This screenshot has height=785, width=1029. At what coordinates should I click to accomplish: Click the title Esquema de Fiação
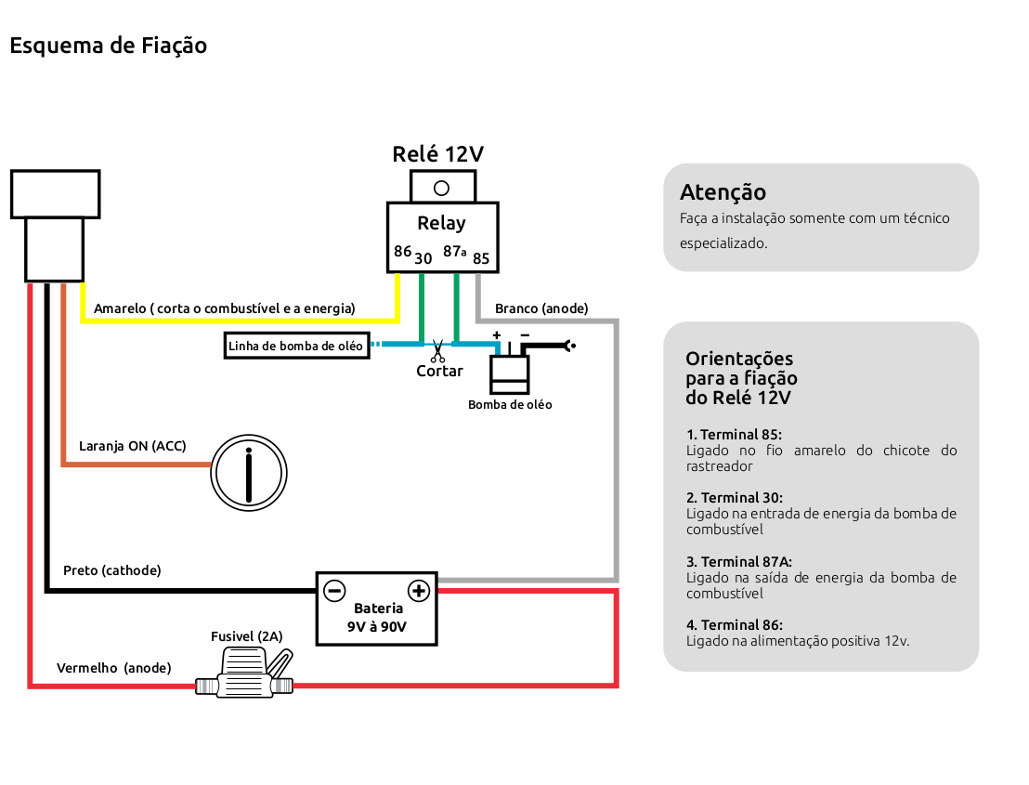[x=108, y=46]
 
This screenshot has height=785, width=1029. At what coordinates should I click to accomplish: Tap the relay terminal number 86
[x=402, y=251]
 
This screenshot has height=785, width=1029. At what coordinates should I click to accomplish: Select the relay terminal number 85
[x=481, y=258]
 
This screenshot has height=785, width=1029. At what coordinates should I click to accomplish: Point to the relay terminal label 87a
[x=454, y=251]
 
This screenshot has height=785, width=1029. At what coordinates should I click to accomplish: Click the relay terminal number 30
[x=423, y=258]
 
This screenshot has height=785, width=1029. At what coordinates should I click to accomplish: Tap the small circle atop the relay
[x=442, y=188]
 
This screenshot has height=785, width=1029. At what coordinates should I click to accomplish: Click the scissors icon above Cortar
[x=436, y=352]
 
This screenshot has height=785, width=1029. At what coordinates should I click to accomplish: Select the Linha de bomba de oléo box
[x=296, y=346]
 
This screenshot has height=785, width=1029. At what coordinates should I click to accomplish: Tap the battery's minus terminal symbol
[x=334, y=590]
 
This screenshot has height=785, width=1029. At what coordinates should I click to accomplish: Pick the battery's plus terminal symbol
[x=419, y=590]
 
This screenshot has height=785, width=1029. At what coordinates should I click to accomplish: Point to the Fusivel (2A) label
[x=246, y=636]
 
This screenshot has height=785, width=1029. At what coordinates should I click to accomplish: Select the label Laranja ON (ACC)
[x=132, y=446]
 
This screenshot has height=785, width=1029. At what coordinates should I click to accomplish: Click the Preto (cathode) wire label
[x=111, y=570]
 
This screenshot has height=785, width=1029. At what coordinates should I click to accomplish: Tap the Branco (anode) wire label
[x=541, y=308]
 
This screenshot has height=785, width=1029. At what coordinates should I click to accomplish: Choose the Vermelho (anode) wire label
[x=113, y=668]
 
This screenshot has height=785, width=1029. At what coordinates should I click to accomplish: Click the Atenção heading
[x=723, y=192]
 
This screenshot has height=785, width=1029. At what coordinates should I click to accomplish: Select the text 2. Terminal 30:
[x=734, y=498]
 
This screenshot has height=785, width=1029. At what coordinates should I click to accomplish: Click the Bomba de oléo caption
[x=510, y=405]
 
